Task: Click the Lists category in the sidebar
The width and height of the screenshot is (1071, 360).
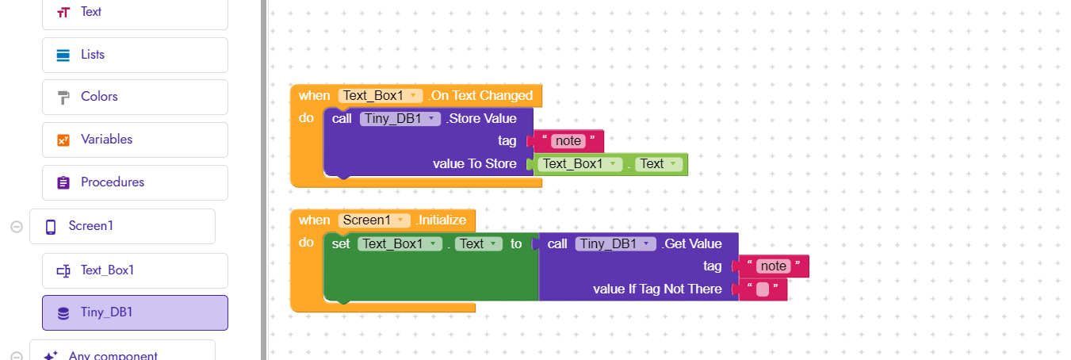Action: pyautogui.click(x=135, y=55)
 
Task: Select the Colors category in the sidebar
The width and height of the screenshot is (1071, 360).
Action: pyautogui.click(x=135, y=97)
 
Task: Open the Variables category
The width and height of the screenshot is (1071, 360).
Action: pyautogui.click(x=135, y=140)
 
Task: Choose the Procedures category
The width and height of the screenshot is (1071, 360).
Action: pyautogui.click(x=135, y=182)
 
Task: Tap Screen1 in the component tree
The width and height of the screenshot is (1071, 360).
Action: pyautogui.click(x=122, y=226)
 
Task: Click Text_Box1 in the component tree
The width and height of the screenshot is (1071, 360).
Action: pyautogui.click(x=135, y=270)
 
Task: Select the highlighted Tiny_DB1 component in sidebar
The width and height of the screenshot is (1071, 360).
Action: pyautogui.click(x=135, y=312)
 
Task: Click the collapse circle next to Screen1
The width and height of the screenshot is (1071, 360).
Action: pyautogui.click(x=17, y=227)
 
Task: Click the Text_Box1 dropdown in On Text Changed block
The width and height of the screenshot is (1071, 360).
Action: pyautogui.click(x=380, y=96)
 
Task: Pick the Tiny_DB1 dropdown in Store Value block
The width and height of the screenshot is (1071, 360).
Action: pyautogui.click(x=400, y=119)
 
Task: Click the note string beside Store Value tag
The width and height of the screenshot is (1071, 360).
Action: pyautogui.click(x=568, y=141)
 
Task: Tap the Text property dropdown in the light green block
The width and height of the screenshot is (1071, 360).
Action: pyautogui.click(x=659, y=164)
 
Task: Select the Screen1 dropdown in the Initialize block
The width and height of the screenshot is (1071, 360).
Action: pyautogui.click(x=374, y=220)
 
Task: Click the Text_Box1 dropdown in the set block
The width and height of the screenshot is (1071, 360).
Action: pyautogui.click(x=400, y=243)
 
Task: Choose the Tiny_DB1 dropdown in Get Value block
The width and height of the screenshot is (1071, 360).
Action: pyautogui.click(x=615, y=243)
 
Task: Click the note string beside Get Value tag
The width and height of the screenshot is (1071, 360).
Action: pyautogui.click(x=774, y=266)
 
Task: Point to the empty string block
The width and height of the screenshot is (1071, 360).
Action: pyautogui.click(x=763, y=289)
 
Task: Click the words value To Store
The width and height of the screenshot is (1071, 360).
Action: pyautogui.click(x=475, y=164)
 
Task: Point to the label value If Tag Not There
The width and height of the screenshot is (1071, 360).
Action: pyautogui.click(x=657, y=289)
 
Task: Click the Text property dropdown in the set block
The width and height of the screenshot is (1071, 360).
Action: pyautogui.click(x=478, y=243)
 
